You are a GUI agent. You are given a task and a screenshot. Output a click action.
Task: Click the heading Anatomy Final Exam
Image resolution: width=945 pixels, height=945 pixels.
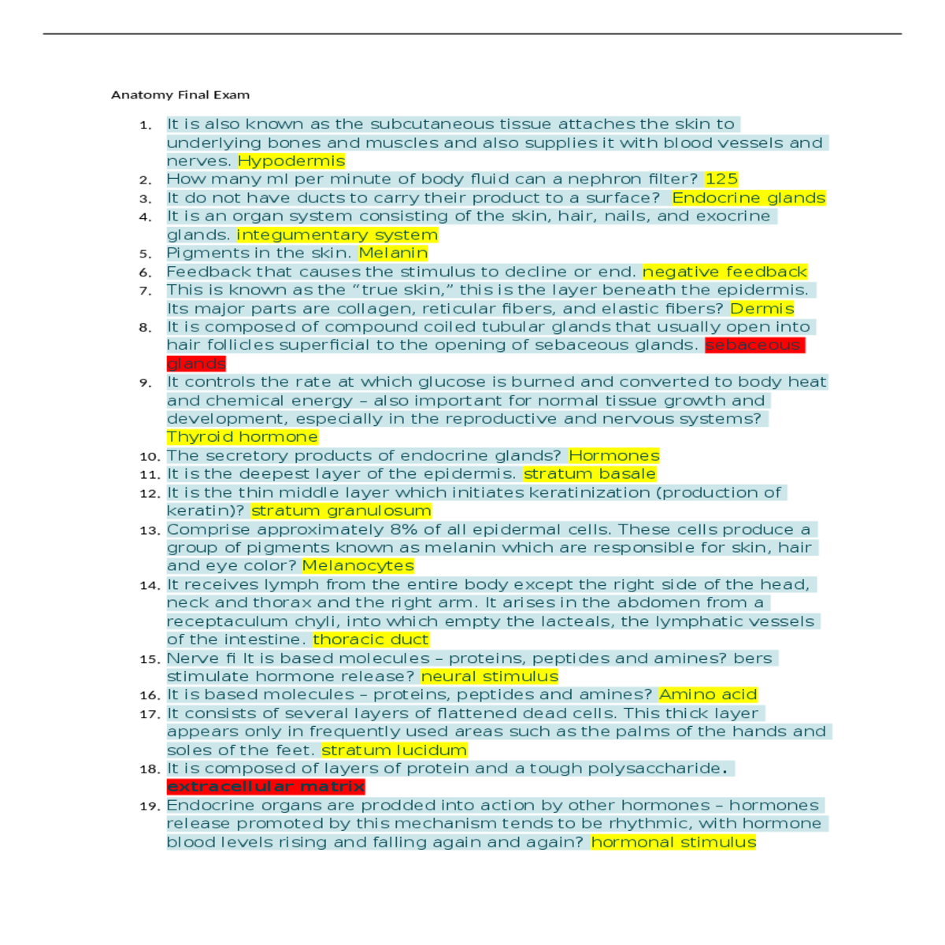tap(180, 94)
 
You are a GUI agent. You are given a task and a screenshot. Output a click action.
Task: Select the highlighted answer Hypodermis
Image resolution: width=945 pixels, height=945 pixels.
tap(291, 161)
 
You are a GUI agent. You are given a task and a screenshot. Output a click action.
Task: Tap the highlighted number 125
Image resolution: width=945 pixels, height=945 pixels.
tap(721, 179)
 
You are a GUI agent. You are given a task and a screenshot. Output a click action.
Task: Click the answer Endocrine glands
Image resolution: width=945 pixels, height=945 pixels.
tap(748, 198)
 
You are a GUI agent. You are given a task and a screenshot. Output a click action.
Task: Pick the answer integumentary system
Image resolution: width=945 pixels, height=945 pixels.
tap(337, 235)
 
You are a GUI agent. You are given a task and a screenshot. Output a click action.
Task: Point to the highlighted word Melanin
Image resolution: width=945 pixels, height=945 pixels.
tap(393, 253)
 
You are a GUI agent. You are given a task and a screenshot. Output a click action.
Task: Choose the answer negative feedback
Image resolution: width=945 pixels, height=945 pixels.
tap(724, 272)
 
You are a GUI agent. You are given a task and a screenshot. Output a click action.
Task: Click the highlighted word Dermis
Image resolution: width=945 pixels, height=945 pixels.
tap(762, 309)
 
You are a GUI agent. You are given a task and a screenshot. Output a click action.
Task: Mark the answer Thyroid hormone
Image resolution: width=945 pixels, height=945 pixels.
tap(243, 437)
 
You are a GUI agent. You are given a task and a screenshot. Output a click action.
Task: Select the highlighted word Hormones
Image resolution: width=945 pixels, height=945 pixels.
tap(614, 456)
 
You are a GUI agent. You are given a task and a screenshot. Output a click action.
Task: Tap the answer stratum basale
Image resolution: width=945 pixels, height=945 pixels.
tap(589, 474)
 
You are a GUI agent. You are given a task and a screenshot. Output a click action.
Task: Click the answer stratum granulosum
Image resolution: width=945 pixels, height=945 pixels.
tap(341, 511)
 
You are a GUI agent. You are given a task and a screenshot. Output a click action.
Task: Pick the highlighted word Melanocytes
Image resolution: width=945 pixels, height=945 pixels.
tap(358, 565)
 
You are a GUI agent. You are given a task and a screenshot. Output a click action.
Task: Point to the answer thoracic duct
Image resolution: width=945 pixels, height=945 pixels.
tap(371, 639)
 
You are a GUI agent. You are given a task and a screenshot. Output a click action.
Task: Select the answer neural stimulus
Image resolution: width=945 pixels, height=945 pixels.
tap(490, 676)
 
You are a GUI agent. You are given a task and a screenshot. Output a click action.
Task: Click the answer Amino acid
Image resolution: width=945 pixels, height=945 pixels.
tap(708, 695)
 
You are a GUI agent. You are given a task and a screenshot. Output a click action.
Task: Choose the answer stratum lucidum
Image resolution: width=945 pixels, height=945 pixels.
tap(394, 750)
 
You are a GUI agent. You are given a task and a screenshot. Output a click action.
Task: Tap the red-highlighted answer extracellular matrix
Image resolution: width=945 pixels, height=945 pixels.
tap(265, 787)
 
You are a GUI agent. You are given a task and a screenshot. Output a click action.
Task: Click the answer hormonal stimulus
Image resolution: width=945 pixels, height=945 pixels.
tap(673, 843)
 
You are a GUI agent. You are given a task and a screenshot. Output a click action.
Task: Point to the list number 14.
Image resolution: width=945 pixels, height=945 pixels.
tap(149, 585)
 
